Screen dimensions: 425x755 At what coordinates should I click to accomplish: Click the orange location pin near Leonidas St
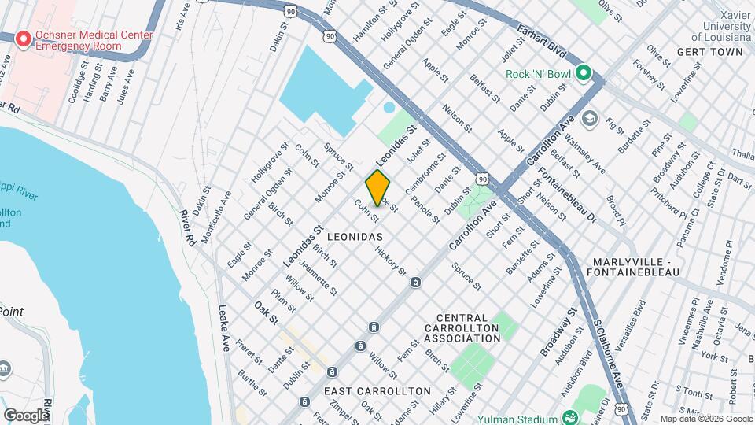coord(377,187)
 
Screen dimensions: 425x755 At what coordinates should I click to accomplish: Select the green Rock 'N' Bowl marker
coord(583,75)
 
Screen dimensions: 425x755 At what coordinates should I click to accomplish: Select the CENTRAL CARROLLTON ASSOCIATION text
coord(462,331)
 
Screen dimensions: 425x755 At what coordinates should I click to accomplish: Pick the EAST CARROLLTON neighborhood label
coord(377,391)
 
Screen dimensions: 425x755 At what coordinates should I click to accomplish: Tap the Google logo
coord(26,415)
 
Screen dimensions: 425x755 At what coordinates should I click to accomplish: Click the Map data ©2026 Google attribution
coord(705,419)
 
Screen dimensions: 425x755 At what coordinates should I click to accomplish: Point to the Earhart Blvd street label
coord(542,40)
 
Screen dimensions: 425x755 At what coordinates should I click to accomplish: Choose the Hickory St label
coord(391,261)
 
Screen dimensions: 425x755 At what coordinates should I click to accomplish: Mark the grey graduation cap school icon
coord(589,119)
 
